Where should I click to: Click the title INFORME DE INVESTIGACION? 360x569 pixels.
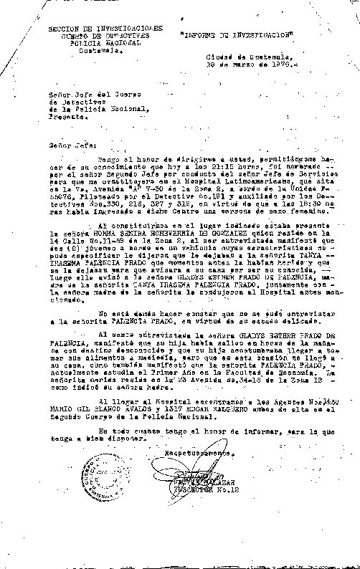tap(237, 34)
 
